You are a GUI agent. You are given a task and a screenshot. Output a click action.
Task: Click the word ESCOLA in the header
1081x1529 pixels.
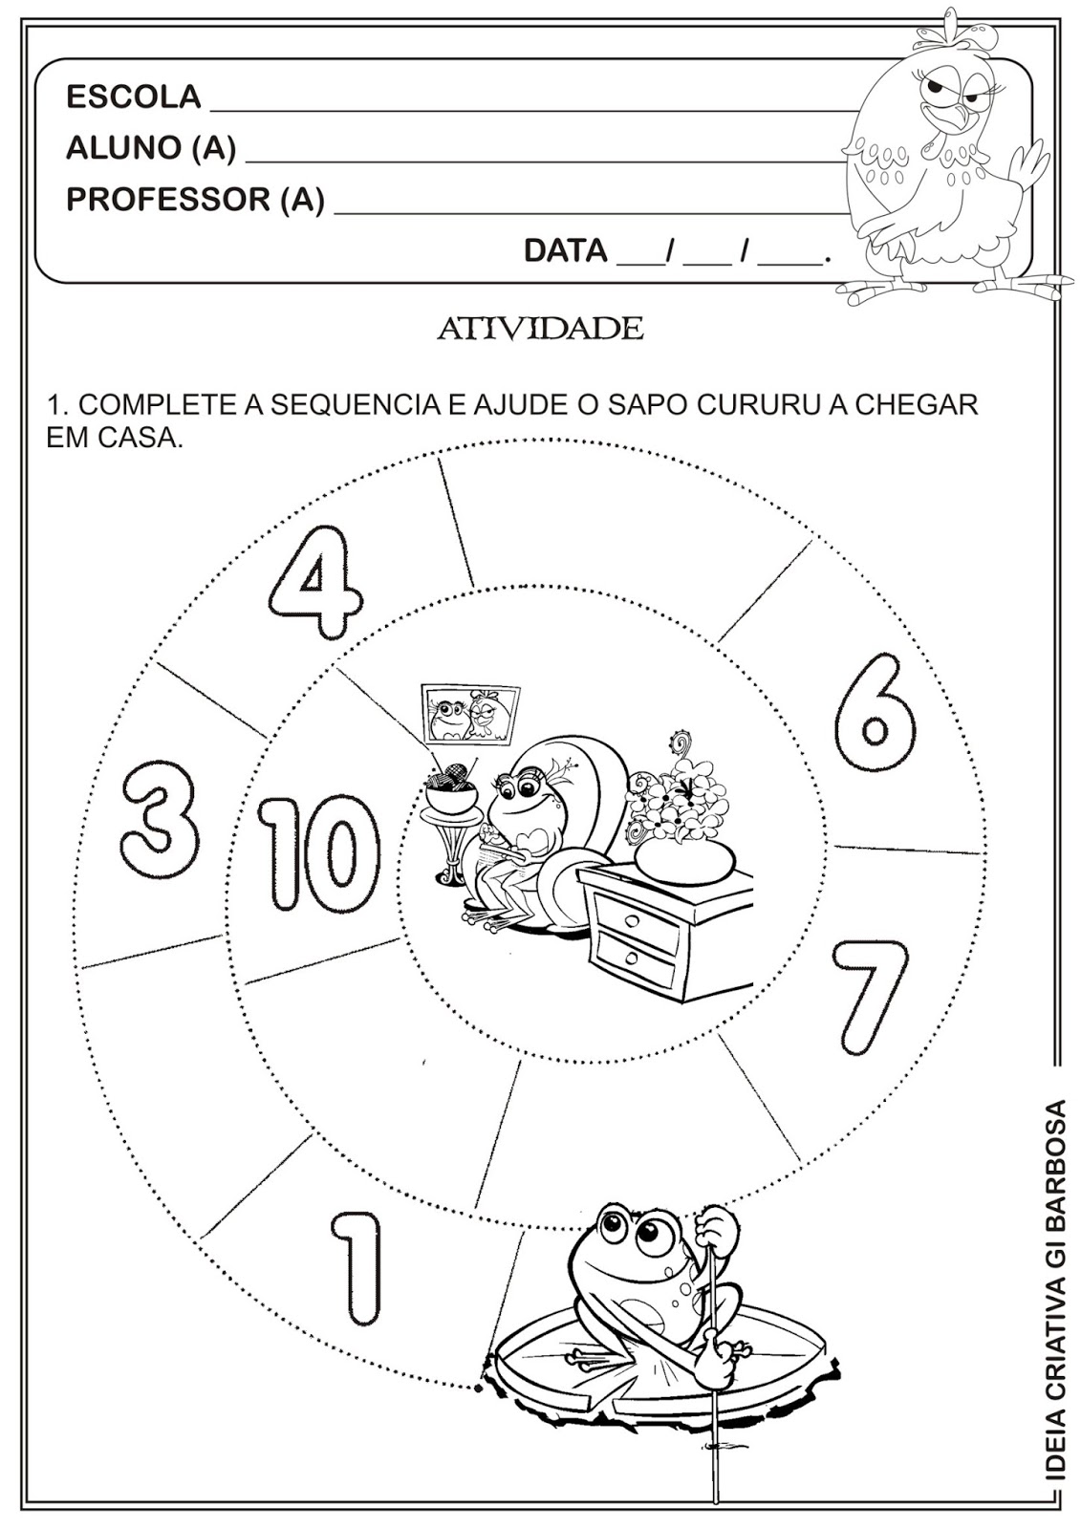[133, 97]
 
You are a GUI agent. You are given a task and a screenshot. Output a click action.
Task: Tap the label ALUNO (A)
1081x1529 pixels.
[151, 147]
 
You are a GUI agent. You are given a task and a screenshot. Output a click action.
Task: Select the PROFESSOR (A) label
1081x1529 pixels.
[195, 200]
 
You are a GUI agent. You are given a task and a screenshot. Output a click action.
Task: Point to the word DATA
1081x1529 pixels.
[566, 250]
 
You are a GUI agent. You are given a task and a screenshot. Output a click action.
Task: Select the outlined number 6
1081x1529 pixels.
[875, 713]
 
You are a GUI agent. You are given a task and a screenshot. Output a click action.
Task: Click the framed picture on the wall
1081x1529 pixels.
[471, 714]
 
